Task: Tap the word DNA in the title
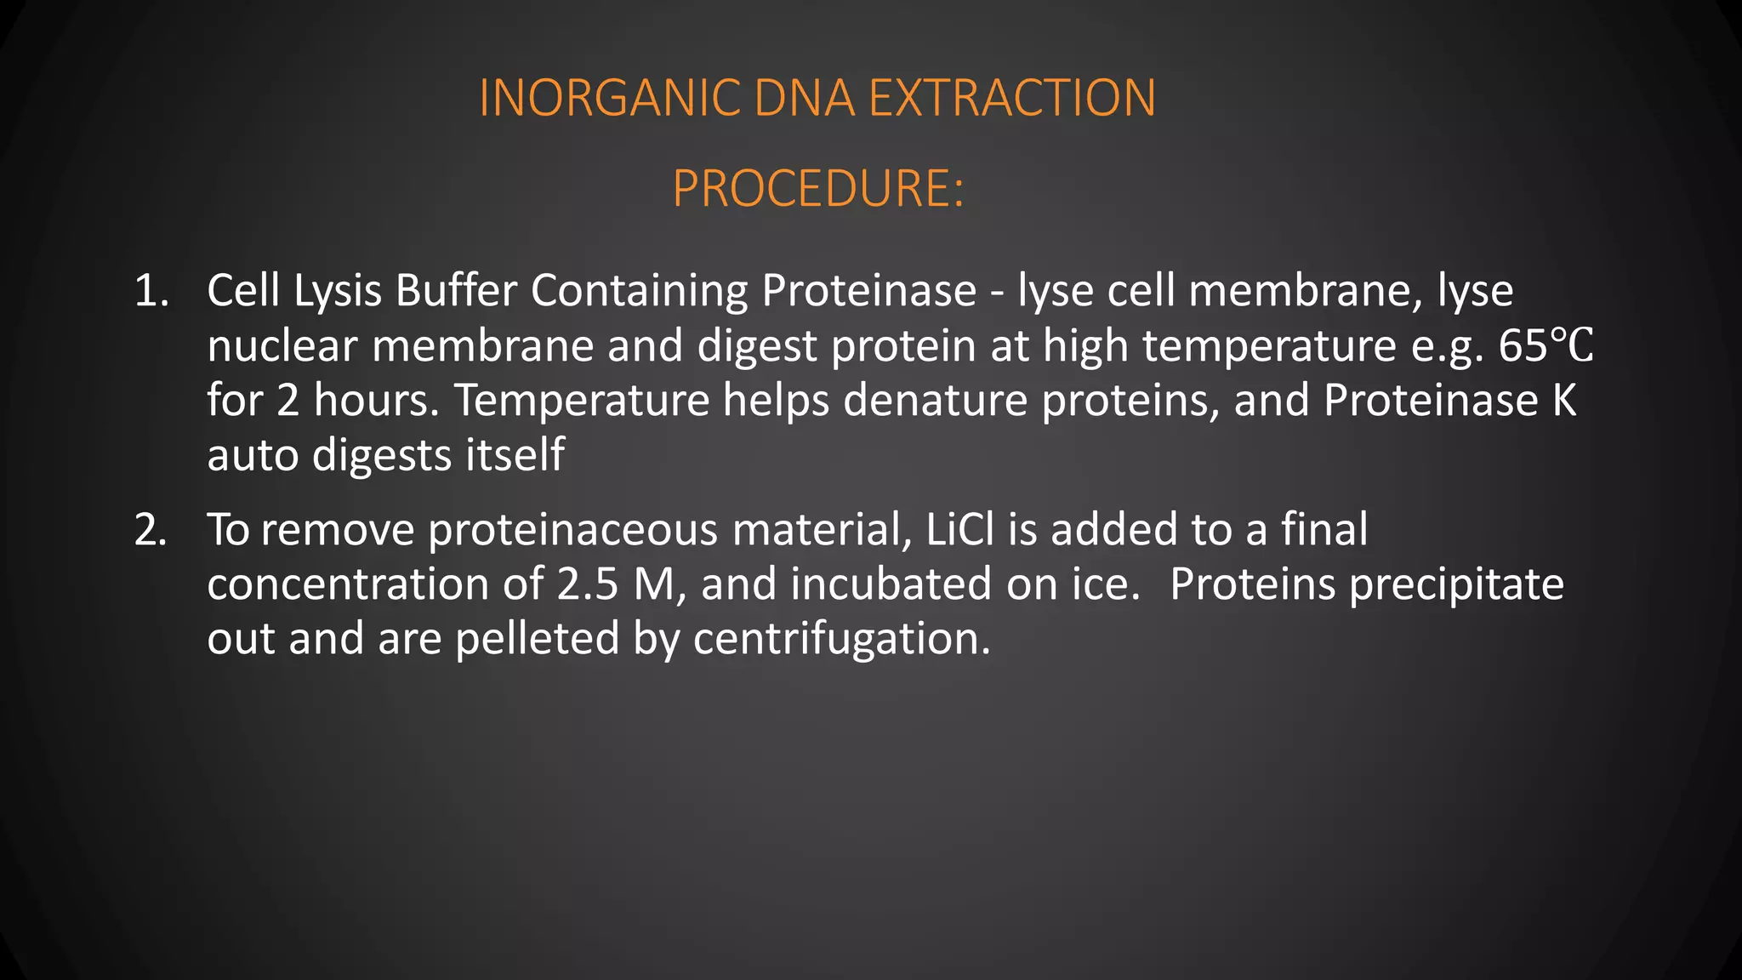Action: [804, 98]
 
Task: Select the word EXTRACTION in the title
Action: [1012, 98]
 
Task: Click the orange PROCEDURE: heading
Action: [818, 188]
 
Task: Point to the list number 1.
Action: [151, 291]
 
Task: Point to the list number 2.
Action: [151, 530]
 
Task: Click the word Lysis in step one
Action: [338, 293]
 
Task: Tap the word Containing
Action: [639, 291]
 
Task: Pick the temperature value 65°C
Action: [1546, 346]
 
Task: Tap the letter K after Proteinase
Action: [1564, 401]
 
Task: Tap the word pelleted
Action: [537, 639]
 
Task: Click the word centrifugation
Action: [841, 640]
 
